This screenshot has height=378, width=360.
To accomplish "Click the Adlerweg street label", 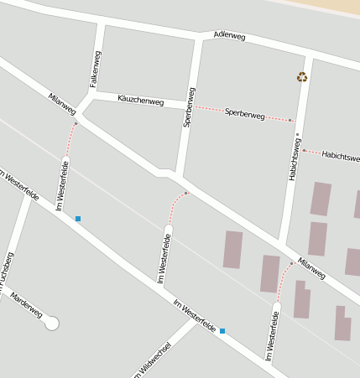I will [x=230, y=35].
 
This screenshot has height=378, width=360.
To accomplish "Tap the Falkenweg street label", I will [x=95, y=70].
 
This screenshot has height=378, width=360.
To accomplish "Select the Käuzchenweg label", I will [x=140, y=101].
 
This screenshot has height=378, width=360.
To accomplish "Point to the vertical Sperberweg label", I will [x=189, y=106].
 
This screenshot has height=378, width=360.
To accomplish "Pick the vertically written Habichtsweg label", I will [x=295, y=160].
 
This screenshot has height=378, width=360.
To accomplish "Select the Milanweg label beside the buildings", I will [x=311, y=268].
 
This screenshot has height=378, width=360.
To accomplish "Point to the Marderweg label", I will [x=25, y=305].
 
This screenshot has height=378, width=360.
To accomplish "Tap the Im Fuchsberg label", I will [x=6, y=273].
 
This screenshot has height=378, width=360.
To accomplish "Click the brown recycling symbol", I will [x=302, y=78].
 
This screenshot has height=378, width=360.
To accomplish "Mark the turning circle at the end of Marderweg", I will [x=52, y=323].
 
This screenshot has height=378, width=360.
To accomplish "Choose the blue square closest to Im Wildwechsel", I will [x=222, y=331].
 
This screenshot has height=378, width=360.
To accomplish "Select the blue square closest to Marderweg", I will [x=78, y=219].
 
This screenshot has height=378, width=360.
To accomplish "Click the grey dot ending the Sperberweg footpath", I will [x=290, y=121].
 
